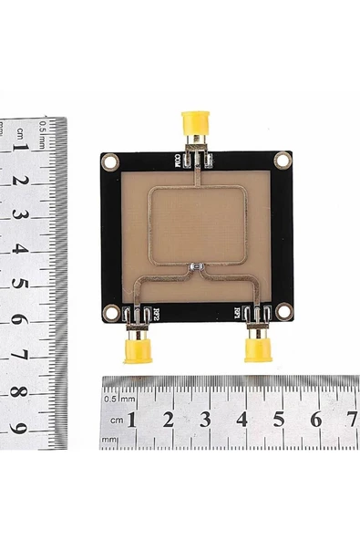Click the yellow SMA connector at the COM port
point(195,122)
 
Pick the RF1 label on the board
point(237,313)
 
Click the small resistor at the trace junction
point(194,266)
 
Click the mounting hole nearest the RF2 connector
point(110,312)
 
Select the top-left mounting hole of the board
point(111,162)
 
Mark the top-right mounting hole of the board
point(283,160)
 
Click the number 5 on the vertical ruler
point(19,284)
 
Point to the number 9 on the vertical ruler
point(19,426)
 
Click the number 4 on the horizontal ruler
point(242,419)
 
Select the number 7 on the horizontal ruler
point(352,419)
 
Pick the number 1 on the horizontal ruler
point(132,419)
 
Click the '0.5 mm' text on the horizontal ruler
point(119,399)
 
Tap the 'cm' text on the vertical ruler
point(19,134)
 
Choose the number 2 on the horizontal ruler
point(169,419)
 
